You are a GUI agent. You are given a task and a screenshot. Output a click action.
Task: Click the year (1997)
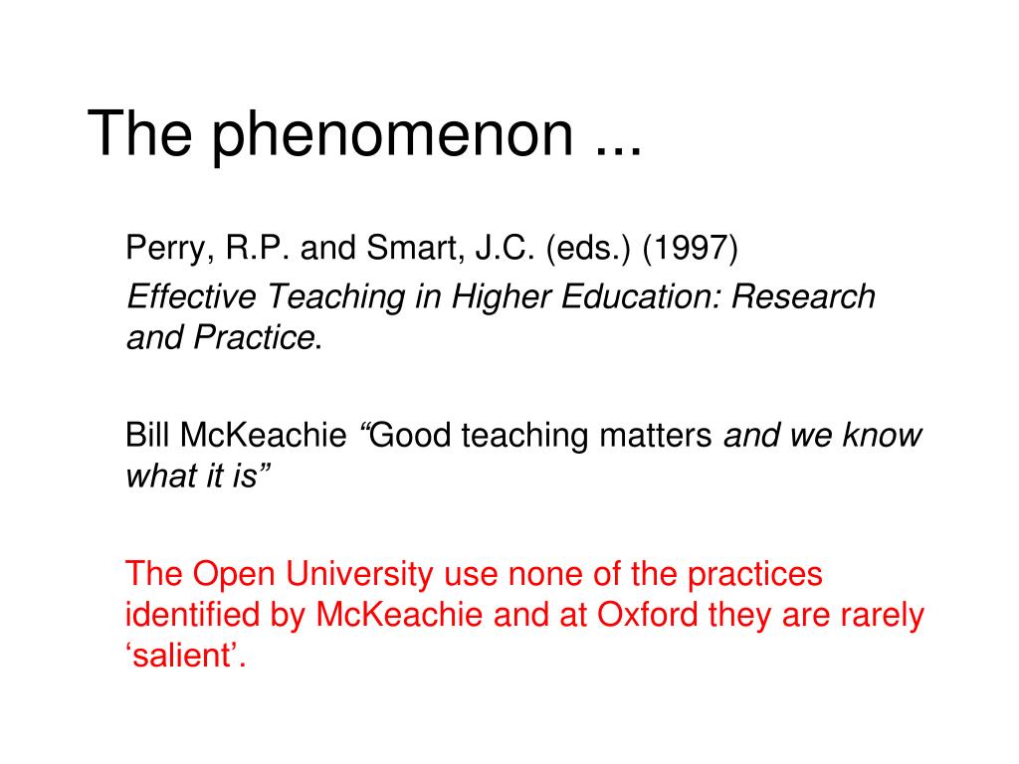pos(691,249)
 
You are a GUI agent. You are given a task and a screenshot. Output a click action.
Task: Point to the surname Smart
pos(415,249)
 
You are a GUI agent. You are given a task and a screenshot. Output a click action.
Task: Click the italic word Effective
pos(192,296)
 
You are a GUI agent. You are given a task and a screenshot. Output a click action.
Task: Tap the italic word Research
pos(803,296)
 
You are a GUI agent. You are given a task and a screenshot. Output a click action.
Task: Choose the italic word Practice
pos(254,338)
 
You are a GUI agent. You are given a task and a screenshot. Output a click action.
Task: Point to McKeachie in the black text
pos(263,435)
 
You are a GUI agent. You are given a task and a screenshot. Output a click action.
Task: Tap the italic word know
pos(882,435)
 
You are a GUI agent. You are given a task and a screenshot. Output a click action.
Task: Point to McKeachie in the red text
pos(399,615)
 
